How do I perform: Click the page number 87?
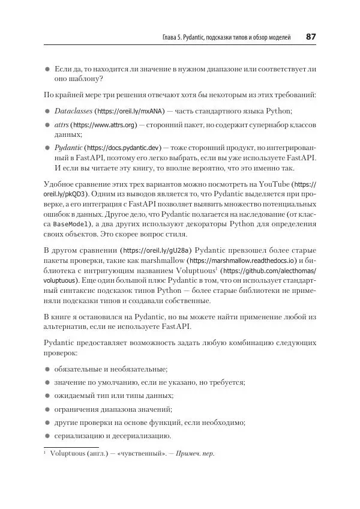311,37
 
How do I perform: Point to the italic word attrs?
61,124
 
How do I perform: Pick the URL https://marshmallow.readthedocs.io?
241,261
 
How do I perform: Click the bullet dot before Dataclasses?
47,112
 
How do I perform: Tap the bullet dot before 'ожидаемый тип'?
47,396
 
